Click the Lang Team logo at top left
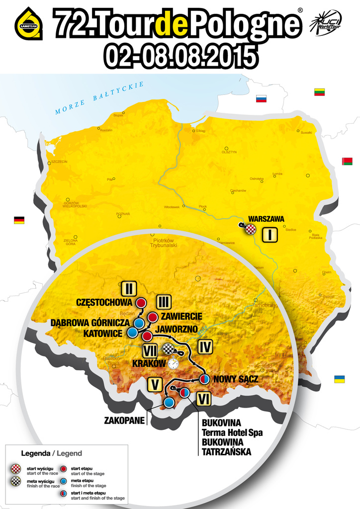pyautogui.click(x=29, y=23)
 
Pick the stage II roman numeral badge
pyautogui.click(x=128, y=288)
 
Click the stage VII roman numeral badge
pyautogui.click(x=150, y=350)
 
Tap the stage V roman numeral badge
pyautogui.click(x=155, y=384)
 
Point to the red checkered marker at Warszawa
pyautogui.click(x=252, y=229)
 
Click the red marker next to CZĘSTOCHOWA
pyautogui.click(x=141, y=302)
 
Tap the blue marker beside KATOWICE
pyautogui.click(x=133, y=332)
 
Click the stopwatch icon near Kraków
pyautogui.click(x=173, y=364)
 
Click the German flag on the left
pyautogui.click(x=19, y=220)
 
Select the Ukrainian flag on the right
pyautogui.click(x=340, y=379)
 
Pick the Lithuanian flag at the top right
pyautogui.click(x=319, y=92)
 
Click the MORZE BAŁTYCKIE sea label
pyautogui.click(x=99, y=98)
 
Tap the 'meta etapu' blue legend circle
pyautogui.click(x=65, y=481)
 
